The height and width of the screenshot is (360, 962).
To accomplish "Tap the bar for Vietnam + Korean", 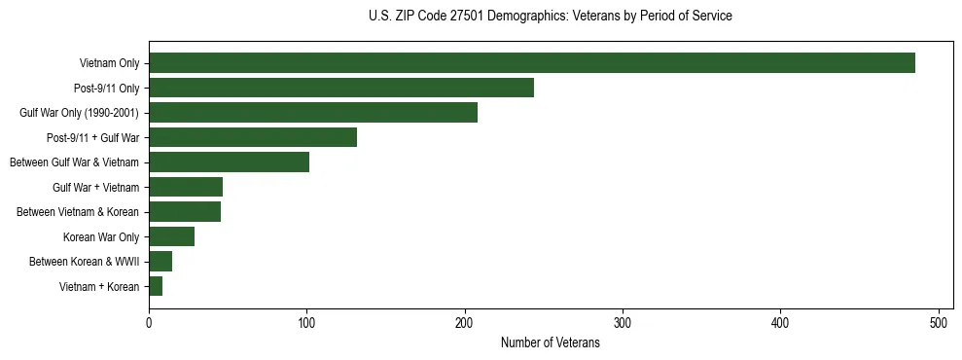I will (156, 286).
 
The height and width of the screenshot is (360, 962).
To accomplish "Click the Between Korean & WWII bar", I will (160, 261).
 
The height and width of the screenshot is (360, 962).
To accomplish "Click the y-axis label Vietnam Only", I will (109, 64).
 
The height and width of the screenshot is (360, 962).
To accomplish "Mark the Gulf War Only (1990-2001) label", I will (79, 113).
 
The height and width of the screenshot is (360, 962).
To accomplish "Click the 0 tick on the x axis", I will (149, 322).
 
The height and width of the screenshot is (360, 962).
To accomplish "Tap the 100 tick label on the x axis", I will (306, 322).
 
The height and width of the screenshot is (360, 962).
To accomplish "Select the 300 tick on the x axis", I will (623, 322).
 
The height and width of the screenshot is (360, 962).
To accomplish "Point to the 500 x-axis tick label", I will (939, 322).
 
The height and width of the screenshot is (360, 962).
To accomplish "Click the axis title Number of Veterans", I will (550, 343).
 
